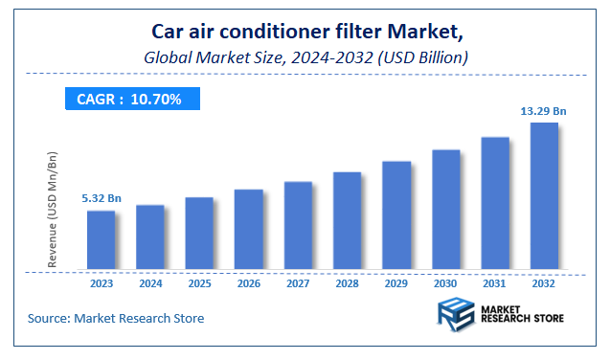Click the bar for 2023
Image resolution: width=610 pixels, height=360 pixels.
point(101,240)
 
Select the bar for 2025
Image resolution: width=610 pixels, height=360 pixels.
point(199,234)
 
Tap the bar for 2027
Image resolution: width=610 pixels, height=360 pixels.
point(298,226)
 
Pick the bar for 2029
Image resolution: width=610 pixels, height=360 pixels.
point(396,215)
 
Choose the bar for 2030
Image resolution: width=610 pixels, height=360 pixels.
point(445,210)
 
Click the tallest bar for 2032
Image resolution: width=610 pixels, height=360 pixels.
point(544,196)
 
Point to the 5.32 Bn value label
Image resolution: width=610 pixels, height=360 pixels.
point(101,198)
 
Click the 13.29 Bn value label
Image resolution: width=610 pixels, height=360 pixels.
point(544,111)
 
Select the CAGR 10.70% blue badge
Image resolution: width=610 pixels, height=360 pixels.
point(129,99)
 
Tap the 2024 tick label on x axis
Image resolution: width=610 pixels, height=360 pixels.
point(150,283)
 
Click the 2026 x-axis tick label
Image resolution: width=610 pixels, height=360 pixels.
point(249,283)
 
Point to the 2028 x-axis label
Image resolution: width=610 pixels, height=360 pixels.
point(347,283)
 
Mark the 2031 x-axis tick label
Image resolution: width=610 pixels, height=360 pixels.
point(495,283)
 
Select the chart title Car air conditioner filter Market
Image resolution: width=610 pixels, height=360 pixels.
point(305,34)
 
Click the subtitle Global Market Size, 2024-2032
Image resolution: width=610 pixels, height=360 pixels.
point(305,57)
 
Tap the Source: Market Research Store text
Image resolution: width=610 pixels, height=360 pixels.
point(115,318)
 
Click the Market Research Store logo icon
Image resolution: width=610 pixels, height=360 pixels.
point(456,317)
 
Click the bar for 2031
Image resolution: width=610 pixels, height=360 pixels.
point(495,204)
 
